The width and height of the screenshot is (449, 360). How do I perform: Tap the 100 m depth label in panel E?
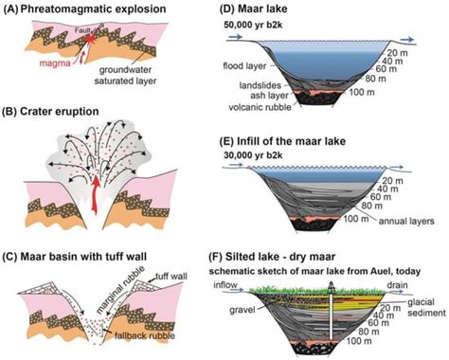pos(368,219)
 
